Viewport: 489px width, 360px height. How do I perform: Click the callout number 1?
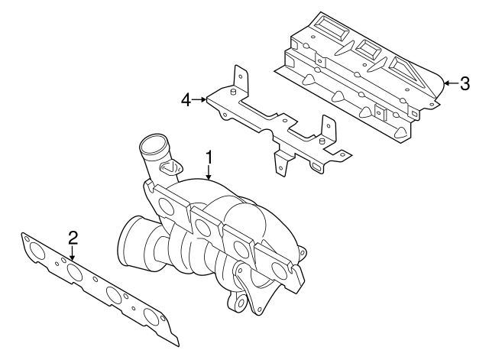[x=208, y=158]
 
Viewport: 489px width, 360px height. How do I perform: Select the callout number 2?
[x=73, y=237]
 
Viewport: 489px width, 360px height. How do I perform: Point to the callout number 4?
[x=185, y=99]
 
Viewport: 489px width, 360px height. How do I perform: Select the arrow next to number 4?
[x=199, y=99]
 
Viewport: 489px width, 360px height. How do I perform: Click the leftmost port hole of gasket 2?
[x=36, y=251]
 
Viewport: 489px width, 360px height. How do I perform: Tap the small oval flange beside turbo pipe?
[x=174, y=166]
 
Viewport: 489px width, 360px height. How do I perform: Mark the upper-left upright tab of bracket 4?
[x=240, y=77]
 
